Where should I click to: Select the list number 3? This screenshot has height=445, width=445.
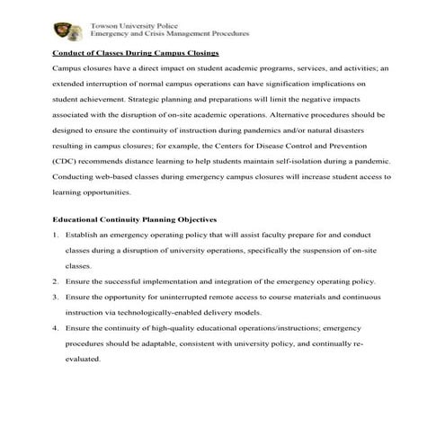(56, 297)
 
